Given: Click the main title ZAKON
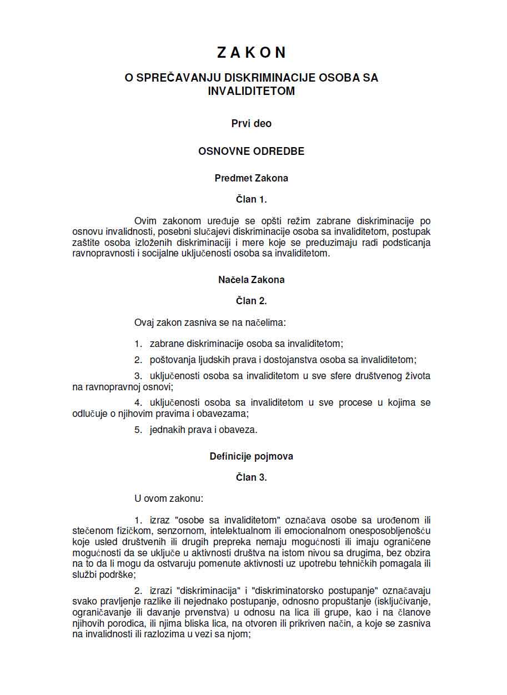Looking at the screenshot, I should click(x=252, y=52).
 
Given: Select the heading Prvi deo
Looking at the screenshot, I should click(x=252, y=124).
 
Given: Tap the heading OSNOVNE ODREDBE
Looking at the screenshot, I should click(x=252, y=151).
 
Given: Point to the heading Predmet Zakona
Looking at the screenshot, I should click(x=252, y=179).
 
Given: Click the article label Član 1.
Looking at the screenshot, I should click(x=252, y=200).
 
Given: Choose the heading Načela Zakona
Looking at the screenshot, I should click(x=252, y=280).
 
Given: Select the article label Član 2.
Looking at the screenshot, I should click(x=252, y=301).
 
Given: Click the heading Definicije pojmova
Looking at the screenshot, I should click(x=252, y=456).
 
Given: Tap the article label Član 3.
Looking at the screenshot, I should click(x=252, y=477).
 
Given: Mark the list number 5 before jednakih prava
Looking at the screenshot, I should click(x=138, y=430).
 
